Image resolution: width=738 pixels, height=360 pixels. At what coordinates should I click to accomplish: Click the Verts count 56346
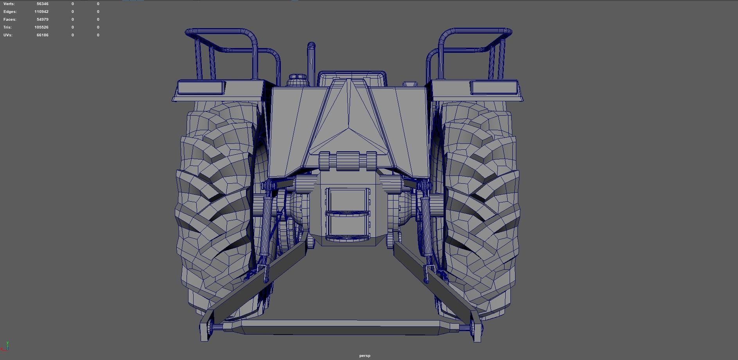(x=42, y=4)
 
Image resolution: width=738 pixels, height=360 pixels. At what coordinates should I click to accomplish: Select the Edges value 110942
(x=41, y=12)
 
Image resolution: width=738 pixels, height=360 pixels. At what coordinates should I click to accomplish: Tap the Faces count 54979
(x=42, y=20)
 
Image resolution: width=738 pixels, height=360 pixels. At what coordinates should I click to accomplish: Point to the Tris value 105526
(x=41, y=27)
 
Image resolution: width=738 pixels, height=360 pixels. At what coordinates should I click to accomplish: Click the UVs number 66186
(x=42, y=35)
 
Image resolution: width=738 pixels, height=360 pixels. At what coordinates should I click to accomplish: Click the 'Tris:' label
(x=7, y=27)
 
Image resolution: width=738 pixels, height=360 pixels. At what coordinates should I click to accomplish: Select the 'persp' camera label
(x=365, y=356)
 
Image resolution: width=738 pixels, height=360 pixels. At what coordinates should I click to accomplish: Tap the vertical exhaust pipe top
(x=311, y=46)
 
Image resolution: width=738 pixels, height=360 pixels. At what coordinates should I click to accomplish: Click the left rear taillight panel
(x=201, y=87)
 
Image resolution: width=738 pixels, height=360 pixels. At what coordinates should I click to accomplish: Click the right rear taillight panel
(x=494, y=87)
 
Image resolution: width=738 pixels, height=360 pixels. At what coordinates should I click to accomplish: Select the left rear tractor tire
(x=213, y=207)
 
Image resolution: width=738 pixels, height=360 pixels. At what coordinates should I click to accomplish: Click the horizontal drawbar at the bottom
(x=340, y=327)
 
